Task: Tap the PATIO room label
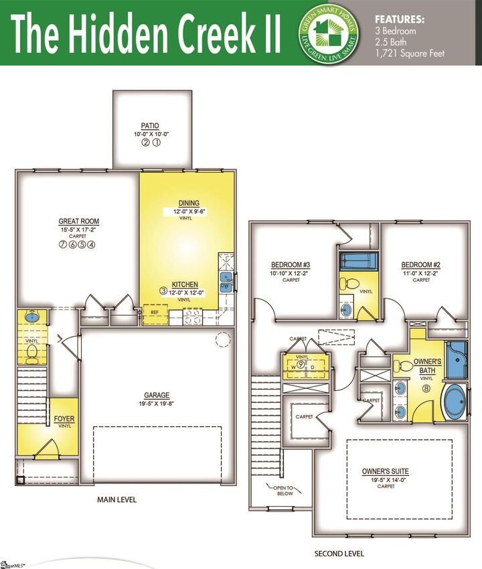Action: (150, 125)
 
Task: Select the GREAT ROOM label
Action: (79, 222)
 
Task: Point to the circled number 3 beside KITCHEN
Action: (163, 291)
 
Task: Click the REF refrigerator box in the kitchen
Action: (155, 313)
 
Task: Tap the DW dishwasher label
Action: (226, 286)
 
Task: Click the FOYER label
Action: (64, 419)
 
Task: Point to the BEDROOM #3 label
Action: (290, 264)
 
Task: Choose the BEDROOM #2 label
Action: (420, 264)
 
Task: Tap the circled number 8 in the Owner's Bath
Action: (425, 387)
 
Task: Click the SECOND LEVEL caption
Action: (339, 554)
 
